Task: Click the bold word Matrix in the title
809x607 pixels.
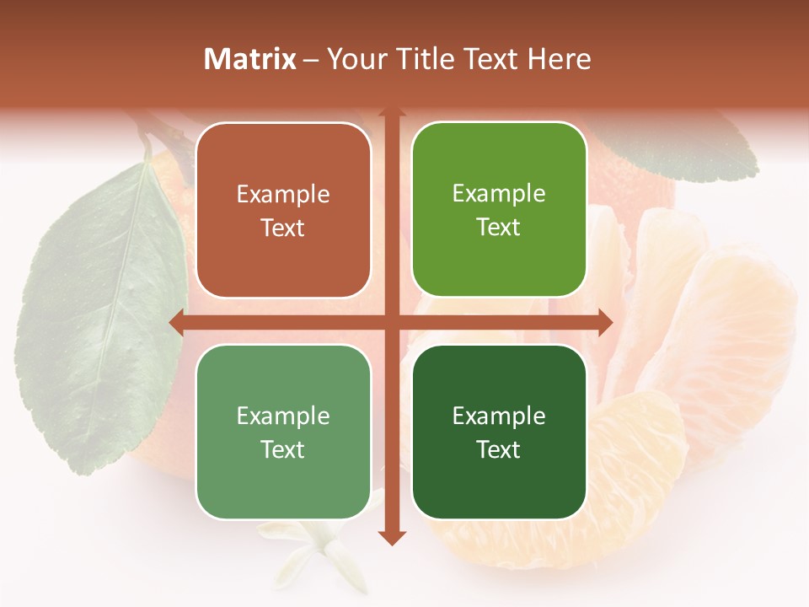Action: click(250, 59)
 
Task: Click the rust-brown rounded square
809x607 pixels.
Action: click(283, 211)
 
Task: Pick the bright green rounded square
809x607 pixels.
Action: click(499, 210)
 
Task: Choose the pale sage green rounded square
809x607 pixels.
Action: click(283, 432)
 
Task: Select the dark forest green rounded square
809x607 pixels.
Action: click(499, 432)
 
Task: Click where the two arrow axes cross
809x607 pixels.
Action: click(391, 322)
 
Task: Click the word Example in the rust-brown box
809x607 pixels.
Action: click(283, 195)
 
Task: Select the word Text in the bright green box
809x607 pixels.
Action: click(499, 228)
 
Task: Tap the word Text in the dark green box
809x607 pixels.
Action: click(499, 449)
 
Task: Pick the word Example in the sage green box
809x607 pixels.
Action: click(283, 416)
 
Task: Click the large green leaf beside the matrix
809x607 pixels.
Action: click(101, 320)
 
